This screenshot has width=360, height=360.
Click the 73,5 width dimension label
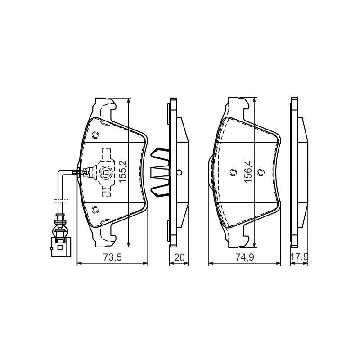pos(112,257)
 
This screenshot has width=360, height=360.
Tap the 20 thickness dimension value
pos(179,257)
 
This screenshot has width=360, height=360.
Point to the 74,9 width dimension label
pos(245,257)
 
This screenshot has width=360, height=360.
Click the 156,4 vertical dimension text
pos(249,171)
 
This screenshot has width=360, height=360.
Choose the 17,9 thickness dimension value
pos(300,257)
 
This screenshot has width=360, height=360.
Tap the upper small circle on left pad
pos(95,135)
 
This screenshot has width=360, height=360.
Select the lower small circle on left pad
pos(95,209)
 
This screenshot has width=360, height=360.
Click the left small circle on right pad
pos(233,172)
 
